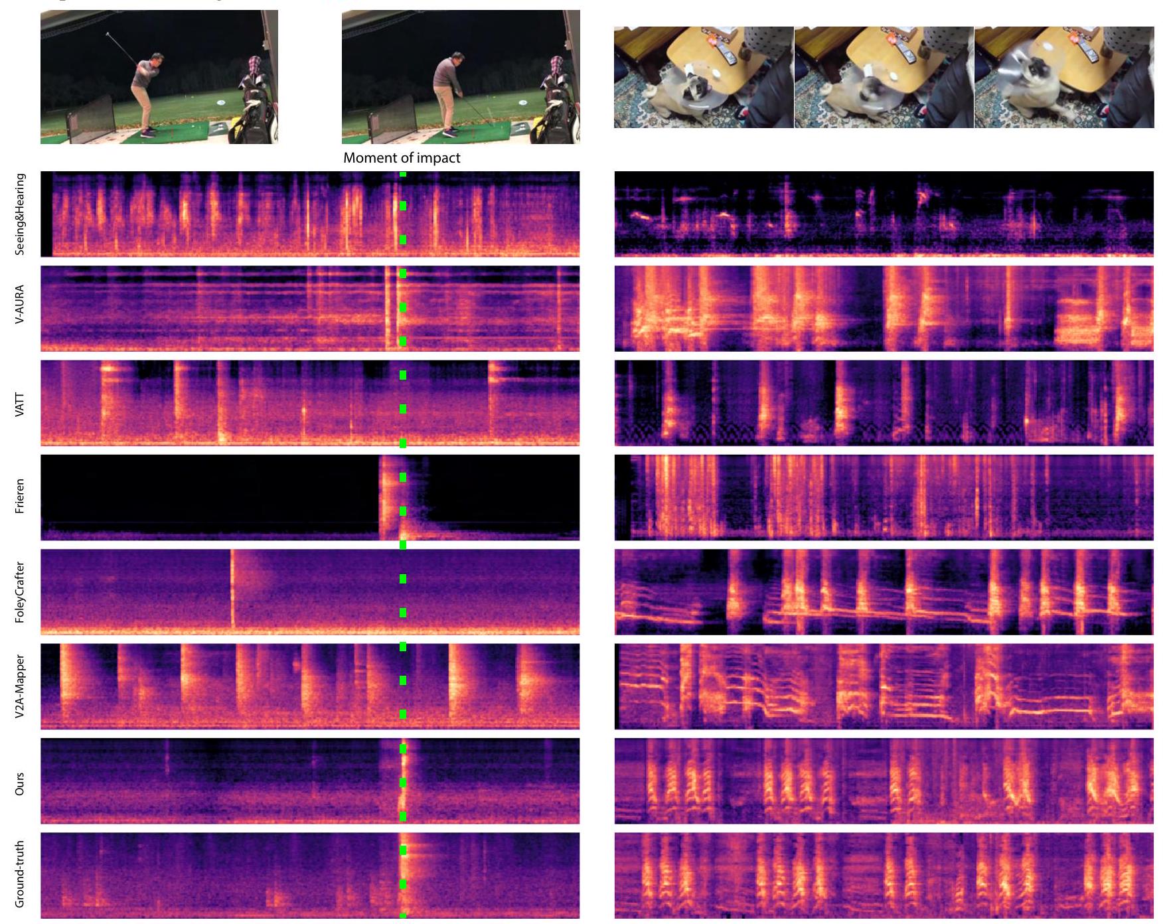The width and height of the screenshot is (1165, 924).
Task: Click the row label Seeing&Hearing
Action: tap(20, 214)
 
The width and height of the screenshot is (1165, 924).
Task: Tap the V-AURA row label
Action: tap(20, 305)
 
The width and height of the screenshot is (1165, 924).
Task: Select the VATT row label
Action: tap(20, 404)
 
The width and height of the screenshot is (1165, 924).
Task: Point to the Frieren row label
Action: tap(20, 496)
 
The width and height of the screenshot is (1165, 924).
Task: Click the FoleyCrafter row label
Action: tap(20, 592)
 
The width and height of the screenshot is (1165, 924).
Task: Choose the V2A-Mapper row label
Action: tap(20, 686)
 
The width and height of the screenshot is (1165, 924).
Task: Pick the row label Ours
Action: tap(20, 783)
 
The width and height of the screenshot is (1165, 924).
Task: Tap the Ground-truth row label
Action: tap(20, 874)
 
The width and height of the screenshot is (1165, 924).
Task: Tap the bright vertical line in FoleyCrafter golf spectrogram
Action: tap(232, 587)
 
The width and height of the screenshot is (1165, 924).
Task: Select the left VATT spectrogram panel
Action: tap(309, 403)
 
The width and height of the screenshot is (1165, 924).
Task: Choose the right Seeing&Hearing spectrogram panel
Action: tap(884, 214)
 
